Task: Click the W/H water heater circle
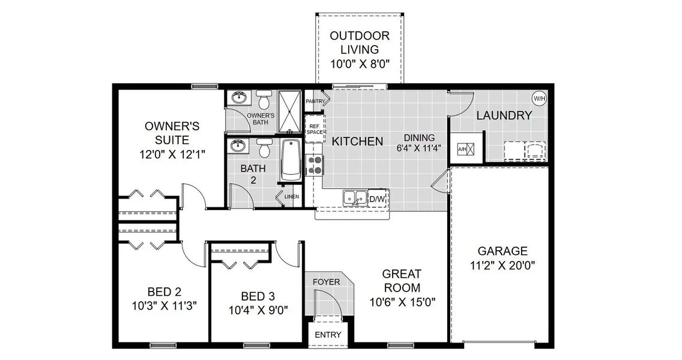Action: coord(539,98)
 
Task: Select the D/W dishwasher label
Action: coord(377,199)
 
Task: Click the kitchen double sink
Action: coord(354,197)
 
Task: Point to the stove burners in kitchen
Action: coord(315,165)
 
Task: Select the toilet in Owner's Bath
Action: coord(264,100)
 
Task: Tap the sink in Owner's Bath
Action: coord(238,97)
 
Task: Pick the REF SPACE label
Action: coord(315,128)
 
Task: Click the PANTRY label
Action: coord(315,101)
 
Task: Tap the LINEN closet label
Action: coord(292,196)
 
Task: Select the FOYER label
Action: coord(326,281)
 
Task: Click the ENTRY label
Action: coord(328,335)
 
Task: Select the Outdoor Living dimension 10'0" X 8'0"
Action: coord(360,64)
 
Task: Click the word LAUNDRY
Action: coord(504,116)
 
